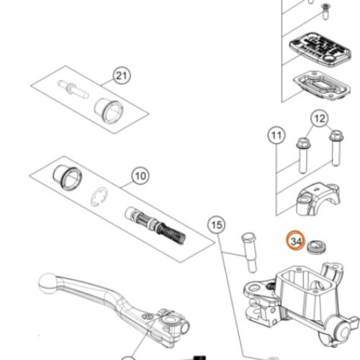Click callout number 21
[122, 76]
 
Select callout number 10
[140, 176]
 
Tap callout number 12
[320, 119]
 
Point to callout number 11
[276, 135]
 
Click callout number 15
[217, 225]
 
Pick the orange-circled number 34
[296, 240]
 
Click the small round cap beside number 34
[316, 247]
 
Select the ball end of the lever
[48, 283]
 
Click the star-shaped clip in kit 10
[99, 196]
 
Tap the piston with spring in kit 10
[156, 225]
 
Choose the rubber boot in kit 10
[68, 178]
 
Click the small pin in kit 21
[73, 90]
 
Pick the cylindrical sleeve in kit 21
[109, 111]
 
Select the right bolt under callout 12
[336, 148]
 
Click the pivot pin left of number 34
[250, 253]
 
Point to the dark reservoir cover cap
[320, 50]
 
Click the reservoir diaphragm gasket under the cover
[322, 86]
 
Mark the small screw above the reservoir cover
[325, 12]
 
